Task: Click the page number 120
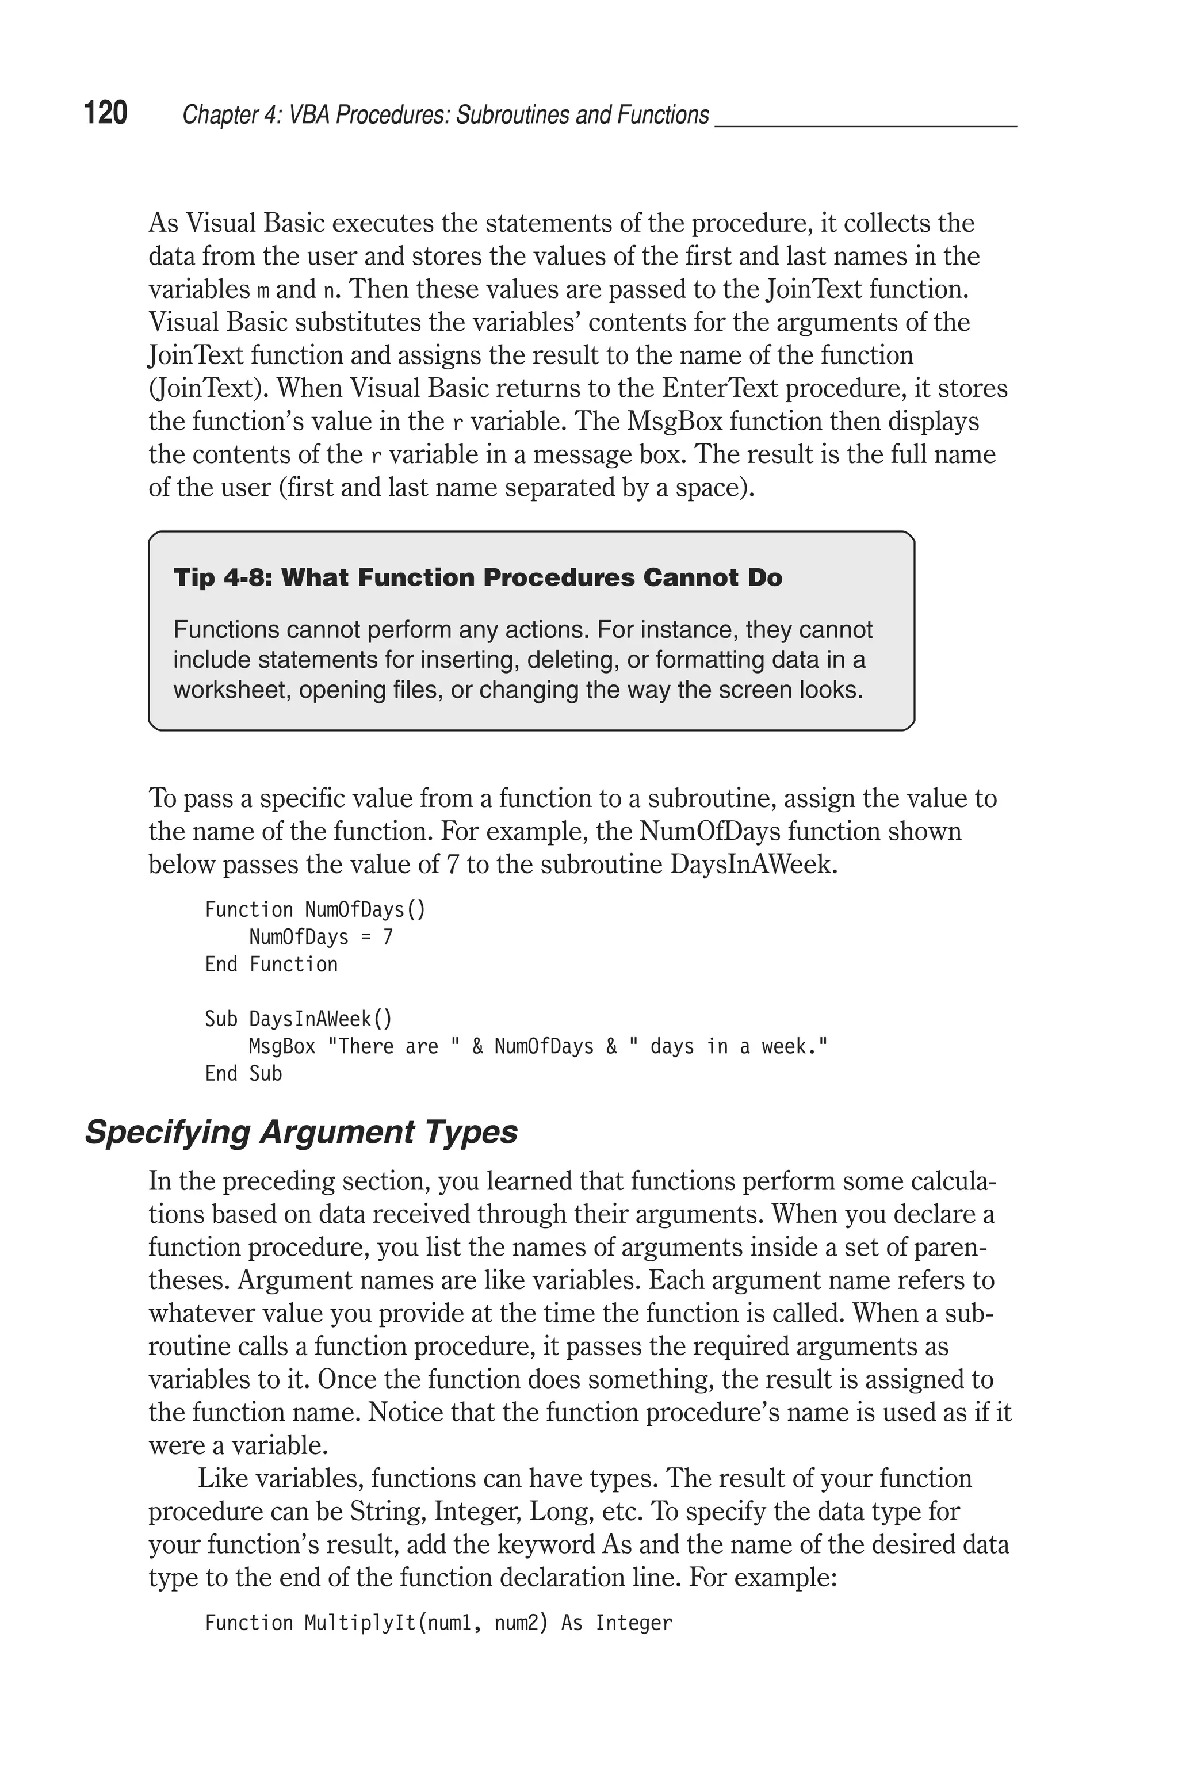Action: point(106,113)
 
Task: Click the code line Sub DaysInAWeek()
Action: point(299,1019)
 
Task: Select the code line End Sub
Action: point(243,1073)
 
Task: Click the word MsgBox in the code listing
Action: point(282,1046)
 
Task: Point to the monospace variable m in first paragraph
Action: point(263,290)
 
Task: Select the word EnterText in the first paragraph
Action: point(724,388)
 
